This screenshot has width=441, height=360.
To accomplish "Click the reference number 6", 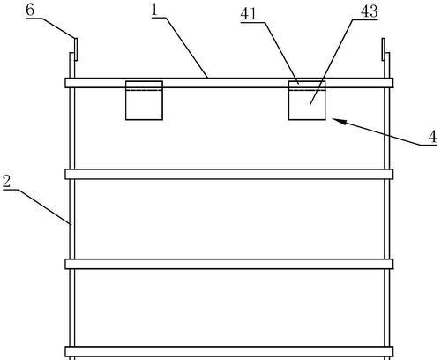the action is click(x=30, y=10).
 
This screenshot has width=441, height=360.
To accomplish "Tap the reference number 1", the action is click(x=155, y=10).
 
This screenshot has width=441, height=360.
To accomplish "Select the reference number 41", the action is click(x=249, y=14).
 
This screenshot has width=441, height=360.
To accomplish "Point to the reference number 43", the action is click(x=370, y=11).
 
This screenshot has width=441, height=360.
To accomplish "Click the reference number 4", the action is click(x=432, y=137).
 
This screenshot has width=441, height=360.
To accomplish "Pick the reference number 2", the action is click(x=7, y=181).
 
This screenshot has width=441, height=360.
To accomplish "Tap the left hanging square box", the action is click(x=144, y=101).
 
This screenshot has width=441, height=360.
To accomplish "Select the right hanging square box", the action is click(x=307, y=101).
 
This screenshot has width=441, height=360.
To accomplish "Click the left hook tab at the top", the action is click(x=76, y=49).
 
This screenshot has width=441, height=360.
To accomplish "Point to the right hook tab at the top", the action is click(x=384, y=49).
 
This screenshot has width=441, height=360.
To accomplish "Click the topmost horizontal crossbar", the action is click(x=229, y=83).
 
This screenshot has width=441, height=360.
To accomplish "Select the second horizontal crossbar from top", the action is click(x=229, y=174).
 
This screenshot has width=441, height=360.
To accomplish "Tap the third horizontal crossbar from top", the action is click(x=229, y=264).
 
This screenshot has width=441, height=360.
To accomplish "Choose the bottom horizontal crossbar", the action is click(x=229, y=351).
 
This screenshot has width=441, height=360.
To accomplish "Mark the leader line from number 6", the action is click(x=57, y=28).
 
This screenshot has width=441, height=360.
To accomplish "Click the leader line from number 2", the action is click(x=44, y=207).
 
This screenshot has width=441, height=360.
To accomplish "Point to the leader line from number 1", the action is click(x=186, y=48).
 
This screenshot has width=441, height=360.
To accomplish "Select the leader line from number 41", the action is click(x=281, y=53).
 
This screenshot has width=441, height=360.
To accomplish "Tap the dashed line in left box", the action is click(x=144, y=90).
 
